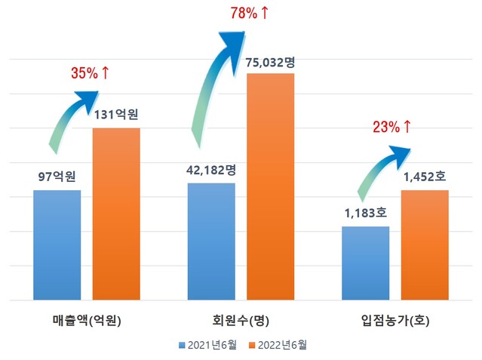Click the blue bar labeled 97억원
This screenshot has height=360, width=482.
pyautogui.click(x=57, y=245)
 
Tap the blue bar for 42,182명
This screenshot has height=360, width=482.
pyautogui.click(x=211, y=241)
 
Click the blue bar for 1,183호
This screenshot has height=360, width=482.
pyautogui.click(x=365, y=263)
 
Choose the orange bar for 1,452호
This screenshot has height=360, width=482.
pyautogui.click(x=425, y=245)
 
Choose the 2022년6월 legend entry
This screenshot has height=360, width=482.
pyautogui.click(x=276, y=344)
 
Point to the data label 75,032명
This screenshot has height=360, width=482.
pyautogui.click(x=270, y=63)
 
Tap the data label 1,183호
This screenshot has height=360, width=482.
pyautogui.click(x=366, y=214)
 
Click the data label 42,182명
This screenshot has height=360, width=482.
pyautogui.click(x=211, y=169)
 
